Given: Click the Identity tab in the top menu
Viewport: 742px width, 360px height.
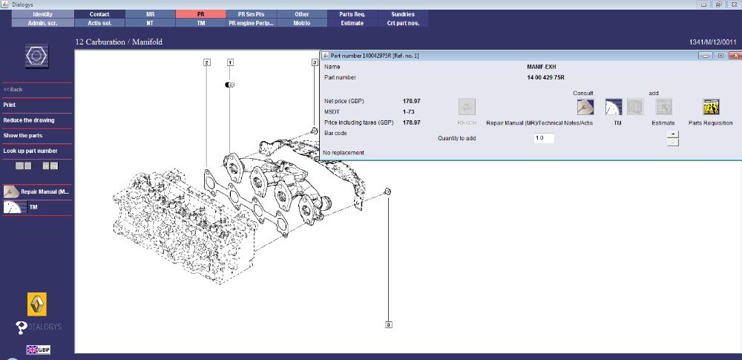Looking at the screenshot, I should click(43, 14).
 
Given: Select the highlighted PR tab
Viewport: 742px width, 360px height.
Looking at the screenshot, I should click(200, 14).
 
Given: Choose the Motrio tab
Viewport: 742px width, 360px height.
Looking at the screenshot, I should click(301, 23).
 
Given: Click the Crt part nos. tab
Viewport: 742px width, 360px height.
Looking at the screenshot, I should click(403, 23).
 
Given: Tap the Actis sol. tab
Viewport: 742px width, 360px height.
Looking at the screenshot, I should click(99, 23).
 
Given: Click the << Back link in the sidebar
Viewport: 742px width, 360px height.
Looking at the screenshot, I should click(13, 89).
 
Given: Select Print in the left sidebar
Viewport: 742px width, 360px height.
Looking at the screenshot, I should click(10, 105).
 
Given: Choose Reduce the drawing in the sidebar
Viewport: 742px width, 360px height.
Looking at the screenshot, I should click(29, 120).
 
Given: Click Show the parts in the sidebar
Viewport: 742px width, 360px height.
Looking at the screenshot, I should click(23, 136).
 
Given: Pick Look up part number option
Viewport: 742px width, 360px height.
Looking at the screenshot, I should click(30, 151).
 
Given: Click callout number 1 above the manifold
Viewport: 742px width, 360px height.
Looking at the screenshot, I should click(230, 63).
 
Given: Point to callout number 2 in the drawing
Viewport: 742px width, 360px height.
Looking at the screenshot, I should click(206, 63).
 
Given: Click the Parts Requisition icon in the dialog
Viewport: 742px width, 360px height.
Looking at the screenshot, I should click(710, 108).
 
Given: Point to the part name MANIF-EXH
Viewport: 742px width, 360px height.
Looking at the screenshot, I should click(542, 67).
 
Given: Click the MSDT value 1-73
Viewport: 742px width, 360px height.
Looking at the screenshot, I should click(408, 111).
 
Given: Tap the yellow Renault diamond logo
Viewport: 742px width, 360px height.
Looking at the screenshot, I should click(37, 304).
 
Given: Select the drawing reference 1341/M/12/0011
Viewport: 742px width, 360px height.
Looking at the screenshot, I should click(712, 42).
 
